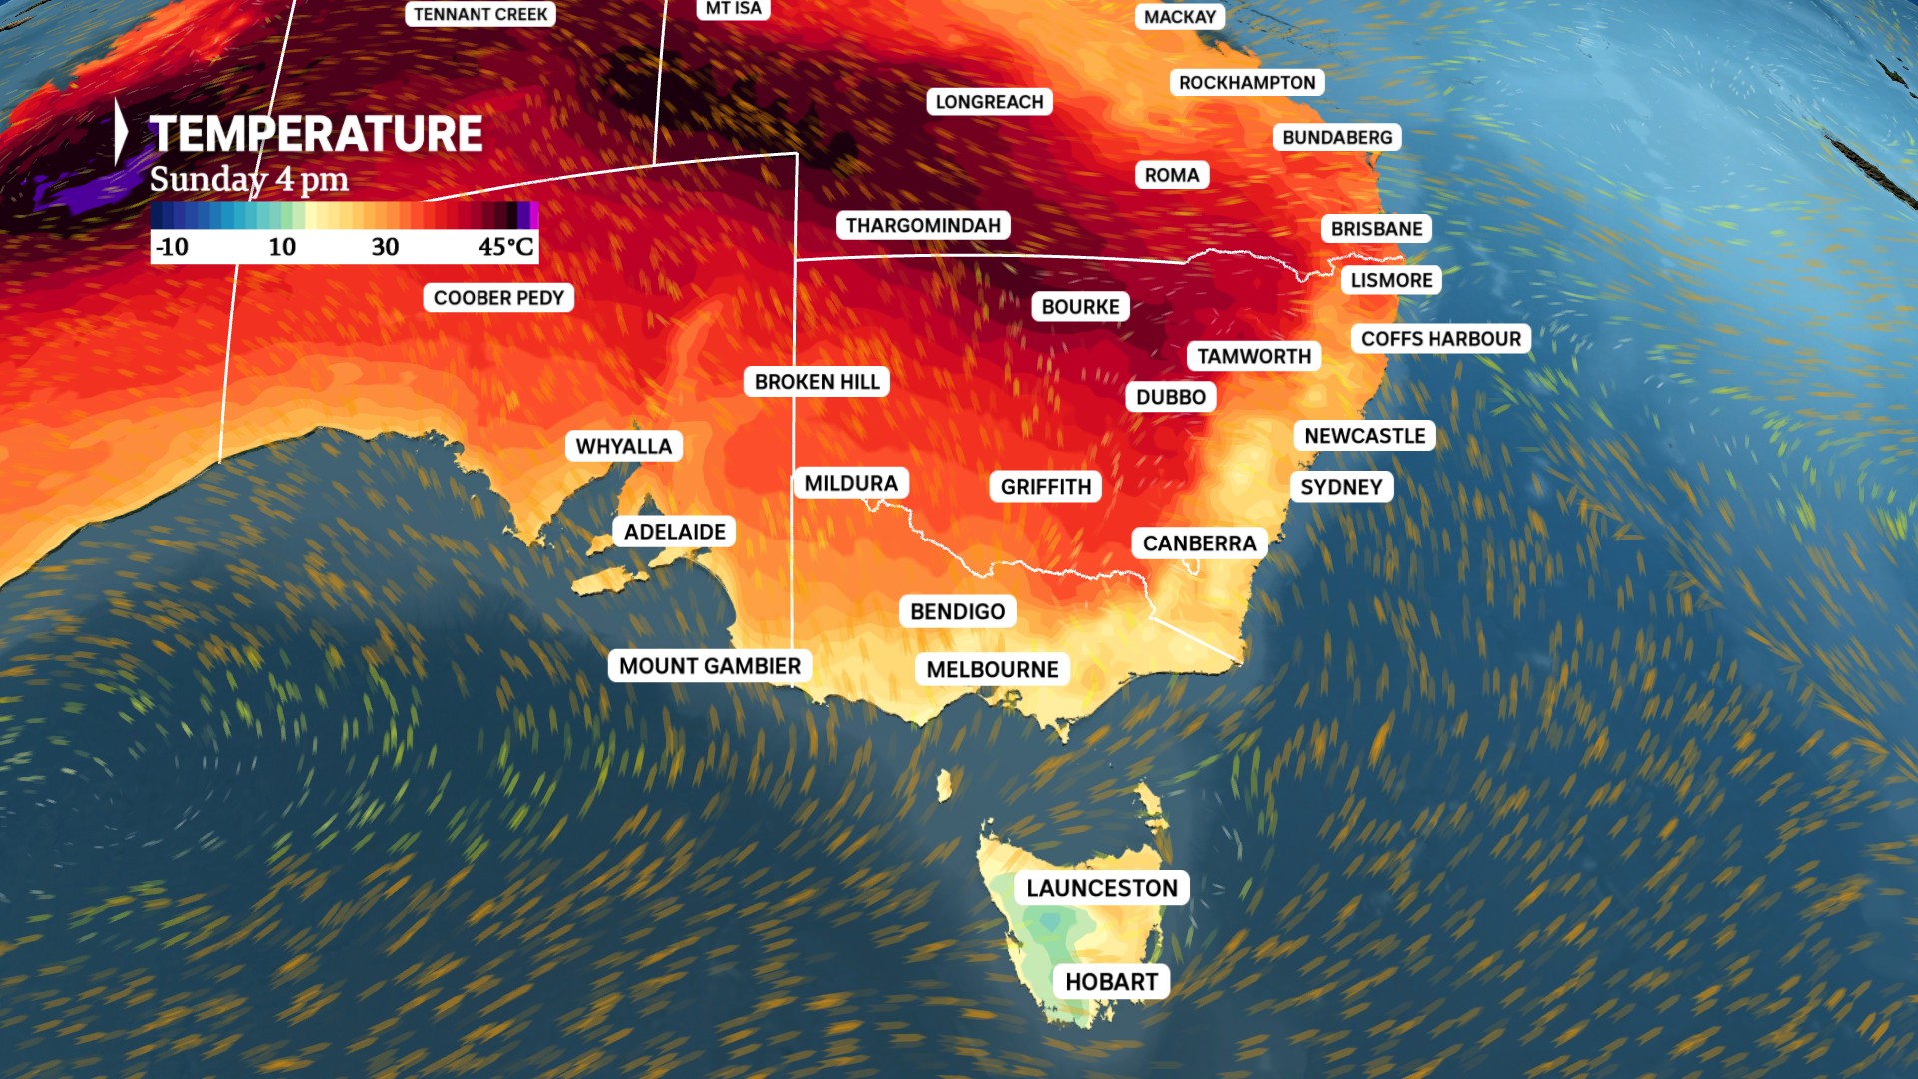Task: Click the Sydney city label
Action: [x=1341, y=487]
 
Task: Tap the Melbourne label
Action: [x=992, y=669]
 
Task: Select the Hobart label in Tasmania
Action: [x=1111, y=982]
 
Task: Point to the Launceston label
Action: [x=1101, y=888]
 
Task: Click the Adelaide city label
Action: [x=675, y=532]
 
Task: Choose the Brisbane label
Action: [x=1376, y=229]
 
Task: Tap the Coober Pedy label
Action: [x=498, y=298]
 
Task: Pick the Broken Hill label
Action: [x=817, y=382]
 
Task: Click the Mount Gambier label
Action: [x=709, y=666]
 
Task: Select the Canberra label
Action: [x=1199, y=543]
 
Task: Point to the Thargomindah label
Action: [x=923, y=225]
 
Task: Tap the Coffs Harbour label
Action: [x=1440, y=339]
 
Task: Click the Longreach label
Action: [x=989, y=102]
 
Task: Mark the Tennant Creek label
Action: [x=480, y=14]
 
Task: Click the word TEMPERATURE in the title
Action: [x=316, y=134]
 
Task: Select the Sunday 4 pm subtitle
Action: [x=249, y=180]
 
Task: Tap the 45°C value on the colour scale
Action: [x=505, y=247]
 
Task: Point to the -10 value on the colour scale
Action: [x=172, y=247]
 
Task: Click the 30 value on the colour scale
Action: [x=385, y=247]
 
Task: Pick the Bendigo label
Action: [x=957, y=611]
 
